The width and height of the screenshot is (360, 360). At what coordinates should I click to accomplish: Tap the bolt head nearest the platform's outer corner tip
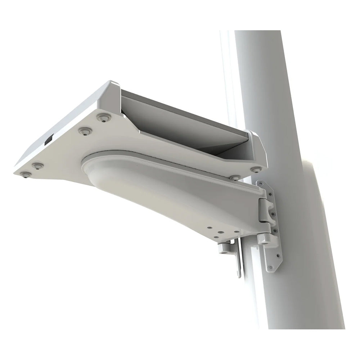click(x=24, y=174)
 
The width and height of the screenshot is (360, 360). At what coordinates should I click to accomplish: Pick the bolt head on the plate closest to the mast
click(x=255, y=169)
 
